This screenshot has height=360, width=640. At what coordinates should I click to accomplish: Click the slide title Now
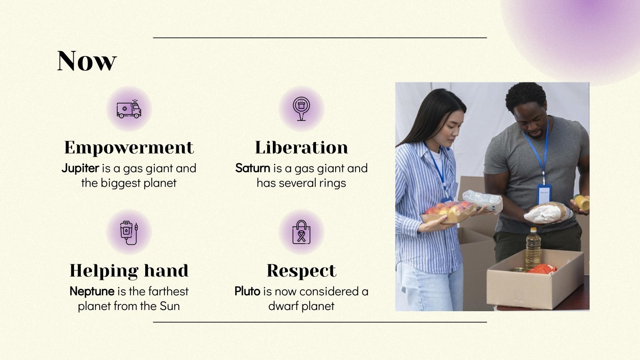point(87,61)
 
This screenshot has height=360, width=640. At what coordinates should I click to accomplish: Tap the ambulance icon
point(129,109)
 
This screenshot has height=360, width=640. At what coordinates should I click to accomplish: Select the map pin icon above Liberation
point(301,108)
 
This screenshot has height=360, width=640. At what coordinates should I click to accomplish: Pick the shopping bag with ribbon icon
point(301,232)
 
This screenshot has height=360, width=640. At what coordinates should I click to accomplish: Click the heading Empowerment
point(129,148)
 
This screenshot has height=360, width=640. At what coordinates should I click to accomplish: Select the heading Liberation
point(301,148)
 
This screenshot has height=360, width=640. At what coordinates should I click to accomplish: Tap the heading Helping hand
point(129,271)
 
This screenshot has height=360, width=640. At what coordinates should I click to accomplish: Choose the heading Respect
point(301,271)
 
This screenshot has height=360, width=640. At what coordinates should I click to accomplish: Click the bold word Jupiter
point(80,168)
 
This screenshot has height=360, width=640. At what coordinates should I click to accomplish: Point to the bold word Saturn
point(252,168)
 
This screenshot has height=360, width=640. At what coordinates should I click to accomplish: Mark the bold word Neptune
point(92,292)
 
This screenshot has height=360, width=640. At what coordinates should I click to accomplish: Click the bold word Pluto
point(247,292)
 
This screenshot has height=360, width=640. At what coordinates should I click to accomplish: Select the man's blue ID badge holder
point(544,193)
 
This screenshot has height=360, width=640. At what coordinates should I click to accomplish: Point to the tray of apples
point(448,211)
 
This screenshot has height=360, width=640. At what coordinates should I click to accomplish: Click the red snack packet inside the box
point(542,269)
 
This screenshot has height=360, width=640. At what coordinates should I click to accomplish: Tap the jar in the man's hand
point(582,202)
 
